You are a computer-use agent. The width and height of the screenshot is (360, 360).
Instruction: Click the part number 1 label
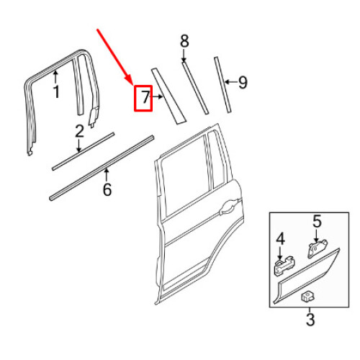point(55,91)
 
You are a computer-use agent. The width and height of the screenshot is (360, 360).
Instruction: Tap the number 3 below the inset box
point(310,318)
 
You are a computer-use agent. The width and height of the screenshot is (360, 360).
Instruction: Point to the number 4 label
point(281,238)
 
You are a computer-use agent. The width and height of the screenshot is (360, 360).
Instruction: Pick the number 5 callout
point(316,222)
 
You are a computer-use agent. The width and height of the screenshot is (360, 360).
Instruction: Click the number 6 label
point(107,190)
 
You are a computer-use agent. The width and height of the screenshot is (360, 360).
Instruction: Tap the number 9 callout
point(243,84)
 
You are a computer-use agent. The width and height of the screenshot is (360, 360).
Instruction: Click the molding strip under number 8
point(196,87)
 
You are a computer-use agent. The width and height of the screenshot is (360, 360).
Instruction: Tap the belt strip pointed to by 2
point(83,152)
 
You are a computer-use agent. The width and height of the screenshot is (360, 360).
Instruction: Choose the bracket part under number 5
point(315,248)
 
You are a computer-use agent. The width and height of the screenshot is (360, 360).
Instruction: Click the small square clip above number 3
point(307,294)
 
